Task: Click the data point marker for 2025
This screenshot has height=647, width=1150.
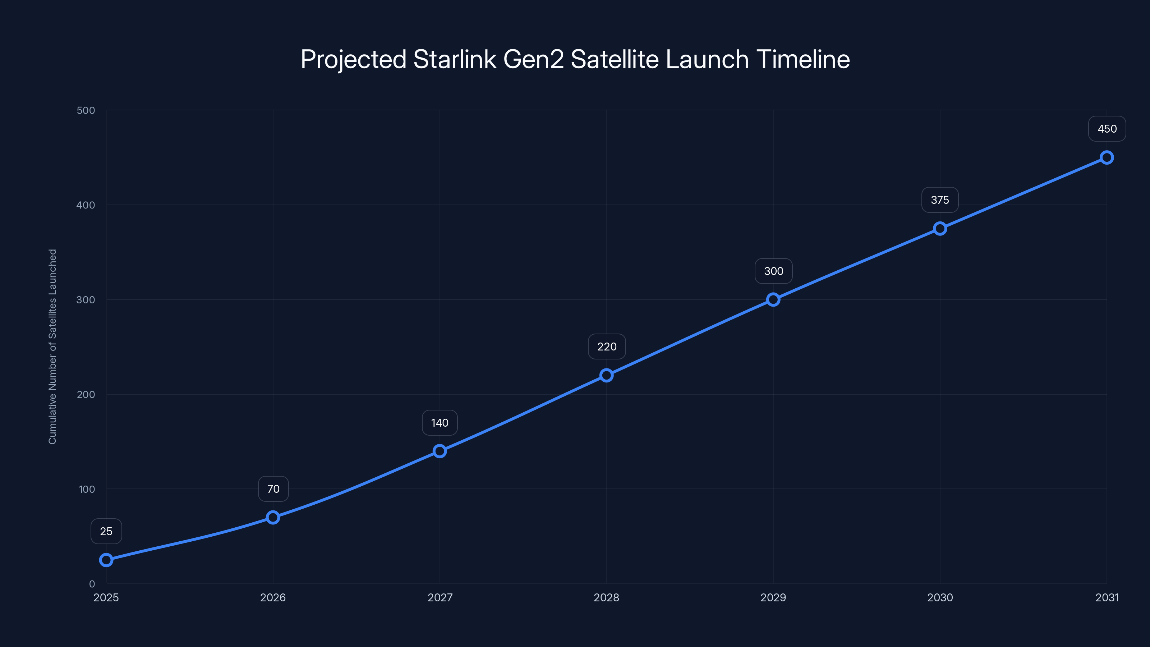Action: pos(106,560)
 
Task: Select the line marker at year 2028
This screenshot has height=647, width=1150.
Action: pos(606,375)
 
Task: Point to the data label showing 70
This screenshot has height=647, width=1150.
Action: pos(273,489)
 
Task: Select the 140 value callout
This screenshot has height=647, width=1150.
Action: pos(440,422)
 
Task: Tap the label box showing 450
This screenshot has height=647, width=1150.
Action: pos(1107,129)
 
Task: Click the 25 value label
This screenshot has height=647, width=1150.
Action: pos(106,531)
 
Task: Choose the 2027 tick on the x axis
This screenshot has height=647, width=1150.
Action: pos(440,597)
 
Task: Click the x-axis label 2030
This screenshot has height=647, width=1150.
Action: pos(940,597)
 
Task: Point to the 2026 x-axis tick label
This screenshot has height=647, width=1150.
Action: pos(273,597)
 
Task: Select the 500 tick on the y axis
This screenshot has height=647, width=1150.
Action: pos(86,110)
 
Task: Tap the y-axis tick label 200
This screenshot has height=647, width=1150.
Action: pos(86,394)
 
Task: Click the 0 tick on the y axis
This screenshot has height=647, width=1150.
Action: pos(92,584)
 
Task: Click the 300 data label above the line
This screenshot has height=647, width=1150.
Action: pos(773,271)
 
